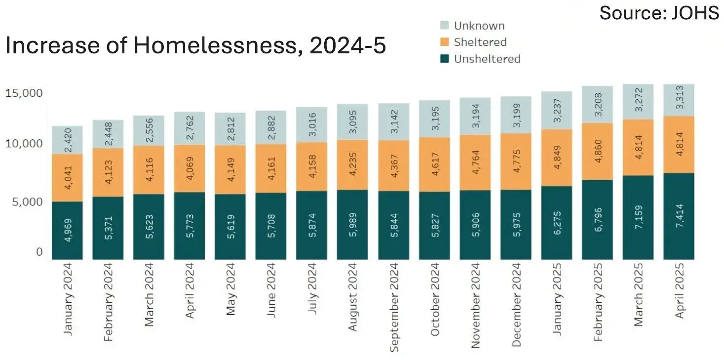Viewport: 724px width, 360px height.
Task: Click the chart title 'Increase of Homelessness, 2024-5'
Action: (x=195, y=45)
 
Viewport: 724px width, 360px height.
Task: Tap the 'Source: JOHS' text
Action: (x=659, y=13)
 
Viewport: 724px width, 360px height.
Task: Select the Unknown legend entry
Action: (x=472, y=26)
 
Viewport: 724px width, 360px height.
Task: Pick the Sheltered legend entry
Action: (x=473, y=42)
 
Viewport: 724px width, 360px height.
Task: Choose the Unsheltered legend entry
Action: (x=480, y=59)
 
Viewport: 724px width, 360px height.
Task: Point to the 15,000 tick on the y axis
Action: (x=24, y=93)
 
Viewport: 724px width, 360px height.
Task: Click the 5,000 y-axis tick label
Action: (x=28, y=202)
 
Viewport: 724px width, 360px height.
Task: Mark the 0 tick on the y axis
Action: (x=39, y=252)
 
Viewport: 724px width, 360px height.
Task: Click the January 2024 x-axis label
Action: (x=68, y=299)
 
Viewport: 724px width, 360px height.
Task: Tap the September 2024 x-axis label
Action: (x=394, y=308)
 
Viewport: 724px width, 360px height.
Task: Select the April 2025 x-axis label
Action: (x=679, y=291)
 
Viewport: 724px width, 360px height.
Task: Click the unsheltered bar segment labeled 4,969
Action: (x=67, y=231)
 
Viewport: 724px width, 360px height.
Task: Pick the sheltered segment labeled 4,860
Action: (x=597, y=152)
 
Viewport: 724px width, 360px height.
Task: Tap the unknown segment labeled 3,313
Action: (x=679, y=100)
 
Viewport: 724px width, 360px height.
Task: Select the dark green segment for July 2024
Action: (x=311, y=225)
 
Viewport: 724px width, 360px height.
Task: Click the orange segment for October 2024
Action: (x=434, y=164)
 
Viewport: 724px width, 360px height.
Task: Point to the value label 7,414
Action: (x=679, y=216)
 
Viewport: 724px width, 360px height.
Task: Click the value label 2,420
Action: (x=68, y=140)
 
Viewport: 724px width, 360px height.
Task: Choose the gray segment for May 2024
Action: (x=230, y=129)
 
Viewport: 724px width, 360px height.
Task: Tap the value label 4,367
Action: (x=394, y=166)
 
